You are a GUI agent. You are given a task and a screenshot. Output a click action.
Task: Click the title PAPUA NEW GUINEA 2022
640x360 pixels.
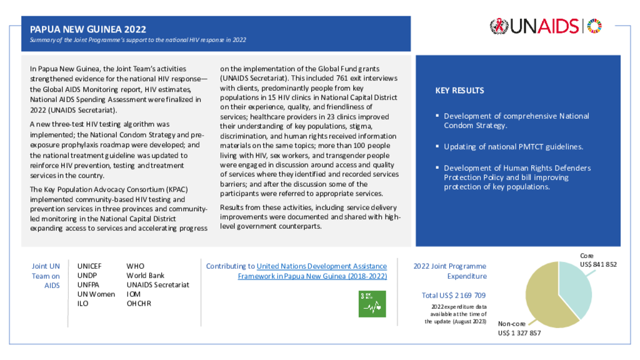[x=88, y=29]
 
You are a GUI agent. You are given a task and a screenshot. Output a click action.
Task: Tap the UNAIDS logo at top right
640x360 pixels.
[x=546, y=26]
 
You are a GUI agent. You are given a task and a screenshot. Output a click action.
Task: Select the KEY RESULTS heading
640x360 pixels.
[x=459, y=91]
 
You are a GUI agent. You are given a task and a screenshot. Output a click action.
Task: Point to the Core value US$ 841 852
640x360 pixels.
[x=598, y=264]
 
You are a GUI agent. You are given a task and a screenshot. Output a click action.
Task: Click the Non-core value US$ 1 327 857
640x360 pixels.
[x=519, y=333]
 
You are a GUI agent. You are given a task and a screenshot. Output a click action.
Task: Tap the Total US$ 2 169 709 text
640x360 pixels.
[x=454, y=295]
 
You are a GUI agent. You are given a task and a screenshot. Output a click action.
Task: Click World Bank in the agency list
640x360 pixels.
[x=145, y=276]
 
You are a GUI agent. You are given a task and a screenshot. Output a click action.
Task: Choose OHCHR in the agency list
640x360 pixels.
[x=140, y=304]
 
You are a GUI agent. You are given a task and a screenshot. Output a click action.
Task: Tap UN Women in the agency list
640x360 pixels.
[x=96, y=294]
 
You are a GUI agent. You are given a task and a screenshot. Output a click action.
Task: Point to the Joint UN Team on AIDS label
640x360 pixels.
[x=46, y=276]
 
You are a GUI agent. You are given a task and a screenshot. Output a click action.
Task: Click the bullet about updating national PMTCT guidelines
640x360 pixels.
[x=513, y=147]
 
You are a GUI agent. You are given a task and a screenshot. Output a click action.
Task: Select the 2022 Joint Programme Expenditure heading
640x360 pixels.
[x=450, y=271]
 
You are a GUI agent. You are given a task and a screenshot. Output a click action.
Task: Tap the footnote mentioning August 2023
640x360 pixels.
[x=454, y=314]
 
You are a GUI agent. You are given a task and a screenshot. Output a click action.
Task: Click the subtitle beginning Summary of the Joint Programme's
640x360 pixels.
[x=138, y=40]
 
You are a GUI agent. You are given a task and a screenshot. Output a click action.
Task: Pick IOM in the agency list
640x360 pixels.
[x=135, y=294]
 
